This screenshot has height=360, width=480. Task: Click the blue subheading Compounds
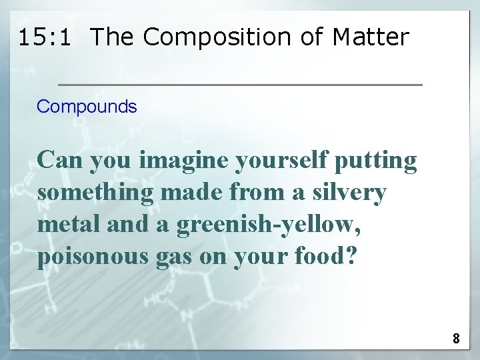(87, 107)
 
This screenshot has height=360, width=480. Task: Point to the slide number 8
(456, 339)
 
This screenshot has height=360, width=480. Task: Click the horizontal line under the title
(240, 85)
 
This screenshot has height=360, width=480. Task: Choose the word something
(91, 193)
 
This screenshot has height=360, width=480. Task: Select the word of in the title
(311, 37)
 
